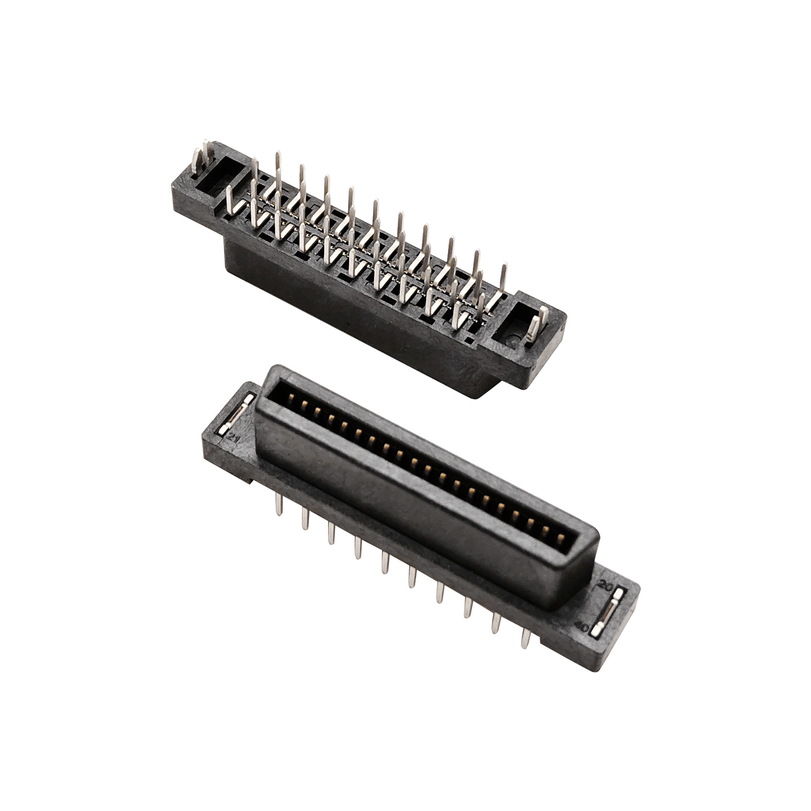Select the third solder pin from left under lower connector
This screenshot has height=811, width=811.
pyautogui.click(x=331, y=533)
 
